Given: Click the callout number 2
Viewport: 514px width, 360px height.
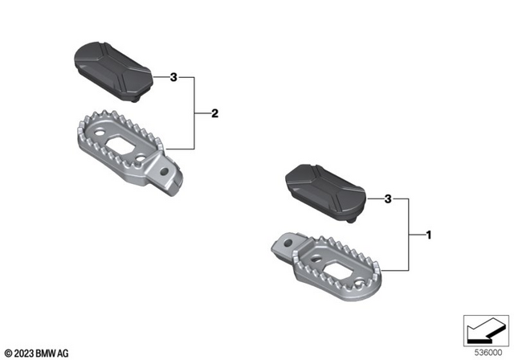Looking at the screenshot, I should [214, 113].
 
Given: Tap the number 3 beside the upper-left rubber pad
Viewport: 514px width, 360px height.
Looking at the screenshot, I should [173, 78].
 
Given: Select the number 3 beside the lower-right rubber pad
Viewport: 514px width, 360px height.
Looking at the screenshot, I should [388, 198].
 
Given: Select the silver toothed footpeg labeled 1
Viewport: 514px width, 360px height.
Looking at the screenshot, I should [337, 257].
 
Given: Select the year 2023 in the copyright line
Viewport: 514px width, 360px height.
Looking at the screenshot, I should [22, 352].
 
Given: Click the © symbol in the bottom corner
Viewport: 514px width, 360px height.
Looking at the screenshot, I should [7, 352].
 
